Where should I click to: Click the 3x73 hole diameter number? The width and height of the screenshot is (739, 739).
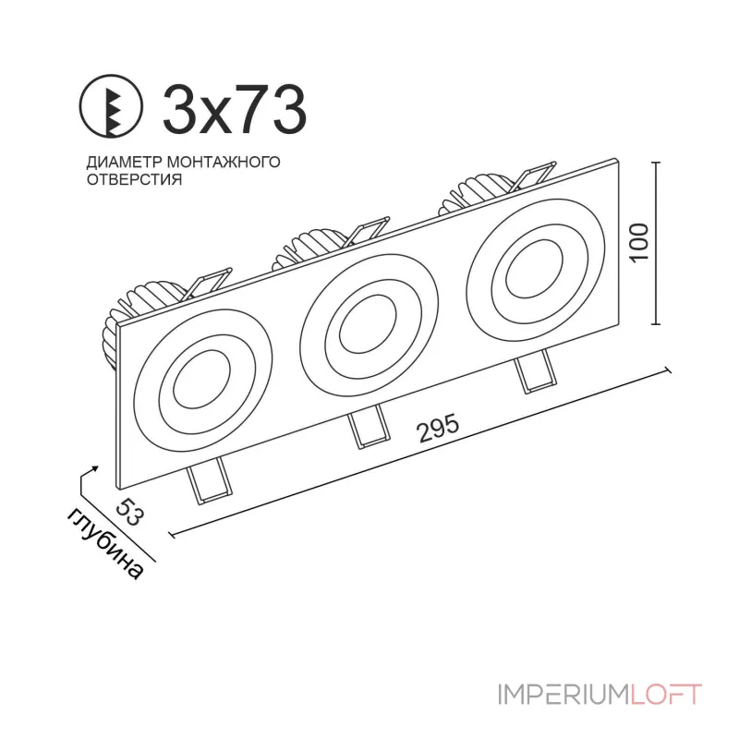point(235,109)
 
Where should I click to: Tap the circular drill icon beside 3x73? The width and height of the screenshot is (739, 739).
point(111,106)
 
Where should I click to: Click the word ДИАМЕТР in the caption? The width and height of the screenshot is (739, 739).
point(125,162)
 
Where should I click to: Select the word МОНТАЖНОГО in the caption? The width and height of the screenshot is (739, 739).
point(224,162)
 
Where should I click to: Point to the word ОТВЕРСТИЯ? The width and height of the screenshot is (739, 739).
point(134,179)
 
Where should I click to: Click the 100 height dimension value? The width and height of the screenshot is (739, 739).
point(639,243)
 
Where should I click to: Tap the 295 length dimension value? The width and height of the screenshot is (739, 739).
point(438,428)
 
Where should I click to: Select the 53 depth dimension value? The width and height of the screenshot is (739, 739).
point(128,511)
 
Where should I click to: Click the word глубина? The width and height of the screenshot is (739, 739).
point(104,543)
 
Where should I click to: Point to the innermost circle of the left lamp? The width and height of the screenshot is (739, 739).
point(175,383)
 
